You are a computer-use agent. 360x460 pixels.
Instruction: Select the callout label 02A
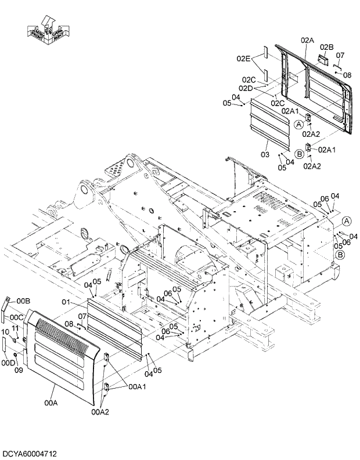coord(307,40)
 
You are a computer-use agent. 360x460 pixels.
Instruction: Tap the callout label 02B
coord(326,46)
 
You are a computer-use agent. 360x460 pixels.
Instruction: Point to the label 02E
coord(243,58)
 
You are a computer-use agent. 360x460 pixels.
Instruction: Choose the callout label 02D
coord(246,88)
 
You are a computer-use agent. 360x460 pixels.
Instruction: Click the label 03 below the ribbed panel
coord(265,155)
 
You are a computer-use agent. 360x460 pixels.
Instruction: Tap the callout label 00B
coord(23,300)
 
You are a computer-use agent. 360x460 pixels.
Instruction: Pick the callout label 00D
coord(8,363)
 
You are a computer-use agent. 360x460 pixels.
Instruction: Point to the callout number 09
coord(18,370)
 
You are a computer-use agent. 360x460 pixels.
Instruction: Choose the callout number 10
coord(6,331)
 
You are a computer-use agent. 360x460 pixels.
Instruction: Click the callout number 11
coord(16,328)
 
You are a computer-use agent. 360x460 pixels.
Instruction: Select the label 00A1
coord(137,386)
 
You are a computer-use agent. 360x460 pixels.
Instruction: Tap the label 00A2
coord(100,412)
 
